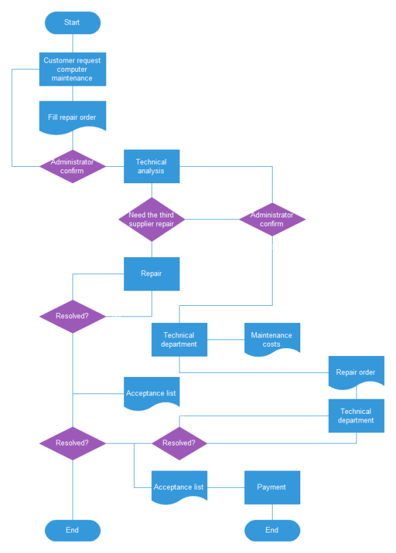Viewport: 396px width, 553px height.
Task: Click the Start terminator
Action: point(73,22)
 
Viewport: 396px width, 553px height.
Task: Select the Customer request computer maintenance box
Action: point(73,69)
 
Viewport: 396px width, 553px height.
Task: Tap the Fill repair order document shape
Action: point(73,117)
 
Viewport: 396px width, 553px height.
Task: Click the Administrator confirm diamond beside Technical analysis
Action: point(73,166)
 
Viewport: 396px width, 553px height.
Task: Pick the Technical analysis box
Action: point(152,166)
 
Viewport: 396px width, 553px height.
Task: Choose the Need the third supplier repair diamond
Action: point(152,219)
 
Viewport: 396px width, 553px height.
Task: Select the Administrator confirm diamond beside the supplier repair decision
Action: point(272,219)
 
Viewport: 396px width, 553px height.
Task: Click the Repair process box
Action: point(152,274)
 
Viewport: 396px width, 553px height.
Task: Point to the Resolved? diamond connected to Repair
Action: point(73,316)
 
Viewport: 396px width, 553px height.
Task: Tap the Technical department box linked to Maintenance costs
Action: point(179,339)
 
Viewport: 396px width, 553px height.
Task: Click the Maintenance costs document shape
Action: point(272,339)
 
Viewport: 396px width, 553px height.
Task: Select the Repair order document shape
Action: point(356,372)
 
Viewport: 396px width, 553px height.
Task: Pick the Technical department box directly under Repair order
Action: point(356,415)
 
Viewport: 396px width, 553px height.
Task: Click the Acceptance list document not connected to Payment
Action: point(152,393)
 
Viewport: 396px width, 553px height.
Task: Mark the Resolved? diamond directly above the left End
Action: point(73,443)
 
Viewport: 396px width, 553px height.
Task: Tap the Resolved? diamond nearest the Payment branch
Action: point(179,443)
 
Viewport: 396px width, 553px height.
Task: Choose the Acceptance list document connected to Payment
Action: point(179,487)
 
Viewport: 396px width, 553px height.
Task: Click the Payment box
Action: point(272,487)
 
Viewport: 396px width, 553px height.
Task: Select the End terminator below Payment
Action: point(272,530)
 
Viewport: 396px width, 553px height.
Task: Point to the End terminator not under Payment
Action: point(73,530)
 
